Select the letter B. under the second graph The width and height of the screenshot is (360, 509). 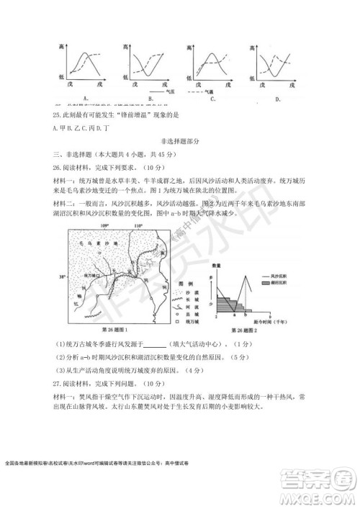point(149,98)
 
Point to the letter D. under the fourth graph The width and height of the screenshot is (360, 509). point(279,99)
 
